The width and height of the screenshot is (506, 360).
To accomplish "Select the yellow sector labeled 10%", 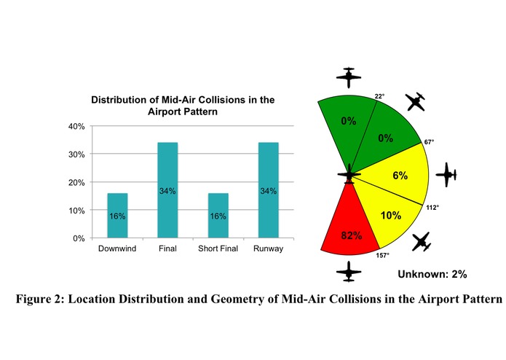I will tap(391, 216).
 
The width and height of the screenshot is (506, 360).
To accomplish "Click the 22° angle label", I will tap(379, 95).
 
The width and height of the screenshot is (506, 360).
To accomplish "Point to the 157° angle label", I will tap(382, 255).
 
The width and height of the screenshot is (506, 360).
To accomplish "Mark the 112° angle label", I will tap(432, 208).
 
